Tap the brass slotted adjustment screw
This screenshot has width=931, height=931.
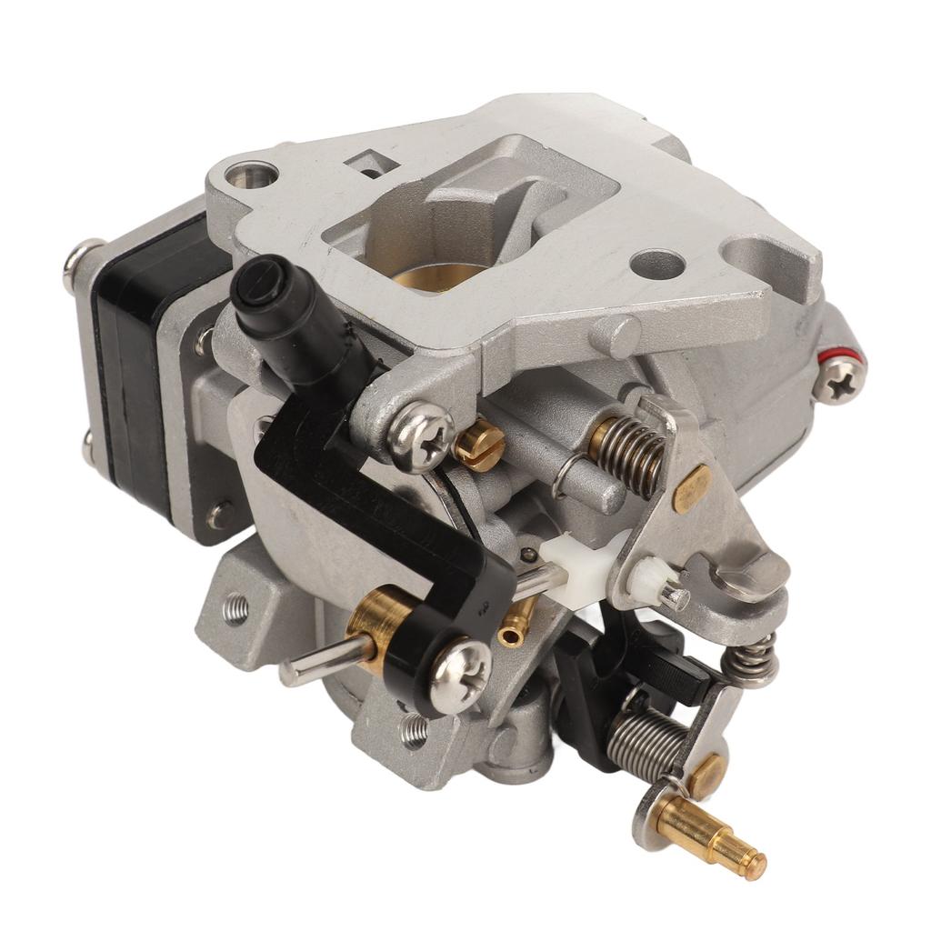[x=480, y=444]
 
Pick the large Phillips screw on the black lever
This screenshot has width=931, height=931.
[x=460, y=675]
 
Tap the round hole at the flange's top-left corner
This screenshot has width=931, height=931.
[x=252, y=174]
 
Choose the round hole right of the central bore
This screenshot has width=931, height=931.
[x=656, y=265]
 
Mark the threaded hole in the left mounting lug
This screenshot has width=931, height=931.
[x=235, y=608]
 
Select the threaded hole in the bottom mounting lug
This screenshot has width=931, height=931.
[x=414, y=729]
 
